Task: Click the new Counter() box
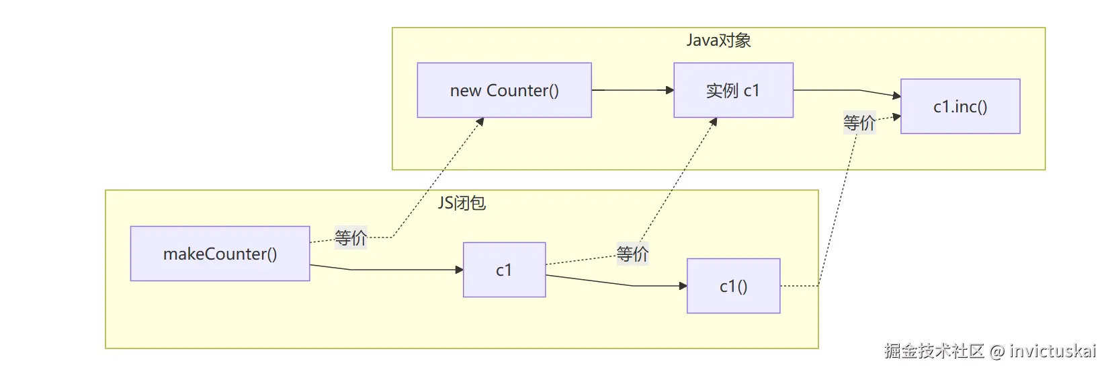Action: [x=504, y=90]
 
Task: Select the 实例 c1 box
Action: [x=733, y=90]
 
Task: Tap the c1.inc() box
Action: [x=960, y=106]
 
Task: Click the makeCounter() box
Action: [x=220, y=254]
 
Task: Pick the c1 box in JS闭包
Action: [x=504, y=270]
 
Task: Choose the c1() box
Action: [x=733, y=286]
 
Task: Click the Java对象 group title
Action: [x=718, y=40]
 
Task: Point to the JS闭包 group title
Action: [x=462, y=202]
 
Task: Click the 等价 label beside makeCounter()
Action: [x=351, y=237]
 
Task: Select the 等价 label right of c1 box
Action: [x=632, y=254]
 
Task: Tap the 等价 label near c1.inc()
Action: [x=859, y=122]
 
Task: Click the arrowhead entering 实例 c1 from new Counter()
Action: [x=670, y=90]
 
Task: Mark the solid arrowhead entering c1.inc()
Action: [x=897, y=96]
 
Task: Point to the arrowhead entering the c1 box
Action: [x=459, y=270]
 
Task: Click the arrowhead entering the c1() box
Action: [x=683, y=286]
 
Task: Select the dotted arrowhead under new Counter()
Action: [x=480, y=121]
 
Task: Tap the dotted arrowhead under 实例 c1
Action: [x=714, y=121]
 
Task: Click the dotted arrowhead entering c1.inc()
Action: [x=897, y=117]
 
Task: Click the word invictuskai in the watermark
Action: [x=1052, y=350]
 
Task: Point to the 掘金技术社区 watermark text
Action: [x=934, y=350]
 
